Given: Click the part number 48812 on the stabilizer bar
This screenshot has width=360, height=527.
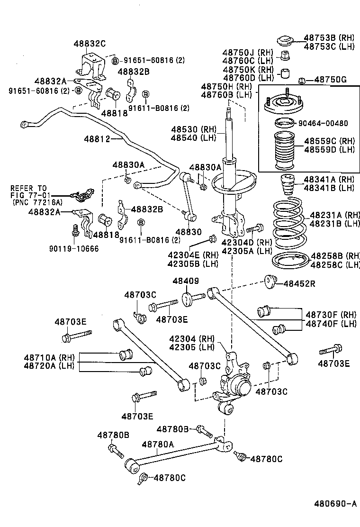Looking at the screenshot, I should (97, 139).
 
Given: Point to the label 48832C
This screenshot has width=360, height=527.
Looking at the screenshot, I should (89, 43).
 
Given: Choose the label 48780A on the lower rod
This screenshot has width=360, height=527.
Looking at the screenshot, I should (158, 444).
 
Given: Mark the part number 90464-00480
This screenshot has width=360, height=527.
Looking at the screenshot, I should (323, 124).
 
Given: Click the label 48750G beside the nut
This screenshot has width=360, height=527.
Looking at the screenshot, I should (330, 80).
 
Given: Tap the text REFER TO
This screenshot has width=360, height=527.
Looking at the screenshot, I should (28, 188).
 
